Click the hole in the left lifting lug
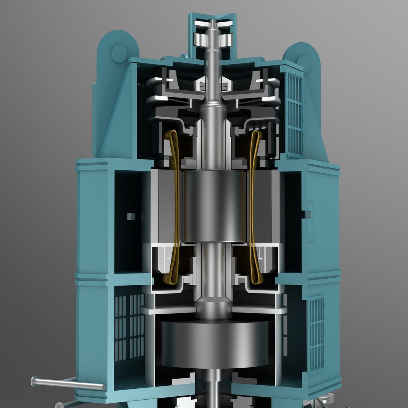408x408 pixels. [119, 53]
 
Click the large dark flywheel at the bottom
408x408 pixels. [214, 344]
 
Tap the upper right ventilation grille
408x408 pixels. [294, 113]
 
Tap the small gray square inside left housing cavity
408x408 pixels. [131, 216]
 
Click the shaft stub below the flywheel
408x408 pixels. [214, 393]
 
